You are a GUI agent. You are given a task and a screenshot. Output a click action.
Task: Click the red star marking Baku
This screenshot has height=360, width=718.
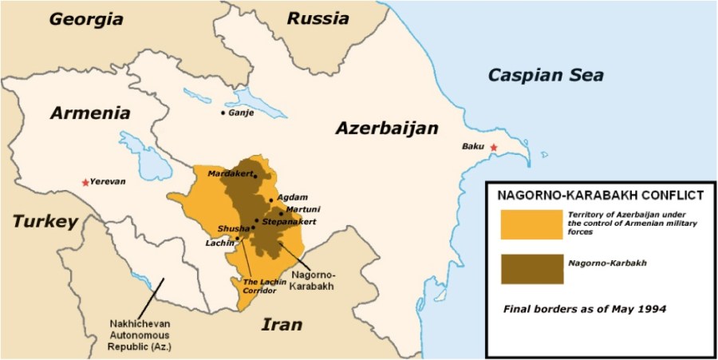[494, 148]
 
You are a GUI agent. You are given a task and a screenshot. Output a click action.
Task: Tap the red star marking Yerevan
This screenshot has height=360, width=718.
[85, 183]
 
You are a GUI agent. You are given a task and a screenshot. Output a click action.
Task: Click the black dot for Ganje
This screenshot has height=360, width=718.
[223, 113]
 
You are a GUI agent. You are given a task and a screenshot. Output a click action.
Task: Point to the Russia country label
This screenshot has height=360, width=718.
[318, 18]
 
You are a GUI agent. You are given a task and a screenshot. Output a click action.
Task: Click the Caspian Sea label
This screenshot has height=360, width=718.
[546, 76]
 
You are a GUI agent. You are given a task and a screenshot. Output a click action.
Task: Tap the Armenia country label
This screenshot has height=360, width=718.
[89, 113]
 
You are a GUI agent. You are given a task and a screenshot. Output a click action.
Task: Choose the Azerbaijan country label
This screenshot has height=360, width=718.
[387, 129]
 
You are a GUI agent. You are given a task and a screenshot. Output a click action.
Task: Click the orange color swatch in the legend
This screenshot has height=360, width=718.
[531, 224]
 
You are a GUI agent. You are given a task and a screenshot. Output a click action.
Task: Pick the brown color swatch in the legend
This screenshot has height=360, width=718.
[531, 267]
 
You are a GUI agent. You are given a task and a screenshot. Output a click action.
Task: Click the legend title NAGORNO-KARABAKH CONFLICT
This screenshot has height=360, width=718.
[600, 195]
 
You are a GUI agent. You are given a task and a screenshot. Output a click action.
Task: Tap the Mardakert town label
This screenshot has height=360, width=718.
[230, 173]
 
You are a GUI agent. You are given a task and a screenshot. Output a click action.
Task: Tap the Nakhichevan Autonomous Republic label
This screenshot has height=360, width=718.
[142, 335]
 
